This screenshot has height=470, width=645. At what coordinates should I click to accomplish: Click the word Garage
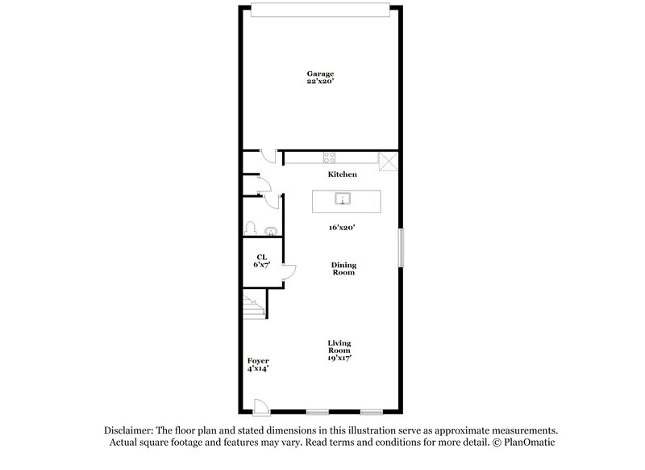[320, 73]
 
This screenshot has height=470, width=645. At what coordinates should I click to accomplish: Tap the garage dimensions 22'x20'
[320, 82]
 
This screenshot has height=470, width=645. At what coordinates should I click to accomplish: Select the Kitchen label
[342, 174]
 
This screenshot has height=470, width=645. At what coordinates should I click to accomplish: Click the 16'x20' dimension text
[342, 228]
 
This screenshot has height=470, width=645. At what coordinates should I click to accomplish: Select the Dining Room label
[344, 269]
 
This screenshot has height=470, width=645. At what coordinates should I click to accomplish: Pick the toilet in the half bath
[251, 228]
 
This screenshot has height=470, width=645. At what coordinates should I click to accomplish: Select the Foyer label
[258, 361]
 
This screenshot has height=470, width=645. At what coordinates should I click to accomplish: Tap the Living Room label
[339, 350]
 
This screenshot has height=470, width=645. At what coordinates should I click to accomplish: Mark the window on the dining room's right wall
[400, 248]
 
